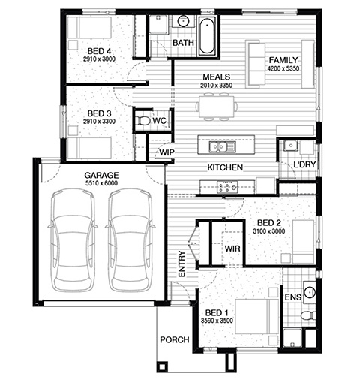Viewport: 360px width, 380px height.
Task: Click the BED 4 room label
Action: click(x=99, y=51)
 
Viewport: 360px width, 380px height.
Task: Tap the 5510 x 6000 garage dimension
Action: click(x=101, y=183)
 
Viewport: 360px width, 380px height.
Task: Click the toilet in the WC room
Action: click(x=142, y=120)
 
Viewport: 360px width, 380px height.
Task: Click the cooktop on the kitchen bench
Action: click(x=227, y=187)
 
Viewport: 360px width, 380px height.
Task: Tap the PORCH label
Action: click(x=175, y=339)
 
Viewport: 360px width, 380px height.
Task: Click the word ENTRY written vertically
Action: click(x=181, y=264)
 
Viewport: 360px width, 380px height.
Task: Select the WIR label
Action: click(x=232, y=249)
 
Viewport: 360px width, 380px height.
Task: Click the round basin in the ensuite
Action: click(x=310, y=292)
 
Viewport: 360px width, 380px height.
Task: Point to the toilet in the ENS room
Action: click(x=308, y=315)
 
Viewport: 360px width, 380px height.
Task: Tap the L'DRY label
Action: click(x=304, y=164)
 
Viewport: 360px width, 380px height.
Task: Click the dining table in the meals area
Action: click(x=217, y=107)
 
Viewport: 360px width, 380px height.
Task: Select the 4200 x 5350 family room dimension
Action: click(x=283, y=68)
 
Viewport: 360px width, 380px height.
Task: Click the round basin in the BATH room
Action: click(x=183, y=21)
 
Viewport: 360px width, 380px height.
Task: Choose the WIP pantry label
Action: click(x=166, y=152)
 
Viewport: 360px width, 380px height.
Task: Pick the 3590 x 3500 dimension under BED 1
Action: click(x=217, y=321)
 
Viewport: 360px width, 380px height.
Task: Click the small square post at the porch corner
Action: click(x=162, y=366)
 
